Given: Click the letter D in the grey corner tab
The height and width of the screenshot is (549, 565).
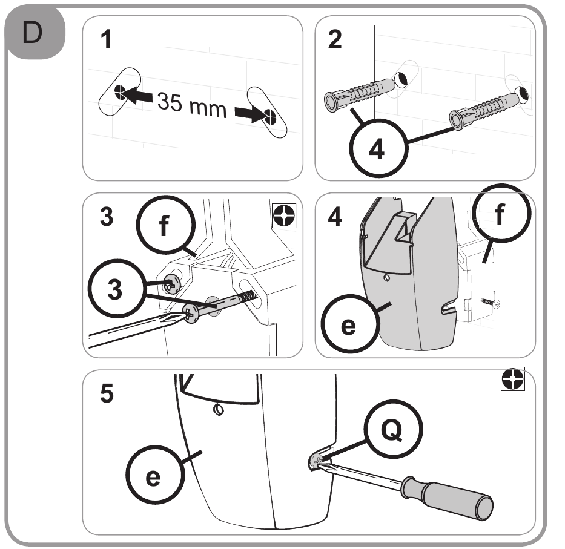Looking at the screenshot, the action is coord(32,33).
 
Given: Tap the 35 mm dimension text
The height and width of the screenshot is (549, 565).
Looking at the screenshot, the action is coord(192,105).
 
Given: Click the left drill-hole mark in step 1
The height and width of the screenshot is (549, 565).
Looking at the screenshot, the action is coord(121,92).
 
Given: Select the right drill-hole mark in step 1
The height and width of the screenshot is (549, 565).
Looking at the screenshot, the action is coord(269,116).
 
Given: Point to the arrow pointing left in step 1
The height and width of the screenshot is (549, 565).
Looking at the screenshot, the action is coord(139,96).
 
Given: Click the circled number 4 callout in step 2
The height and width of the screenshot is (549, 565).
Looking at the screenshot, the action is coord(378,148).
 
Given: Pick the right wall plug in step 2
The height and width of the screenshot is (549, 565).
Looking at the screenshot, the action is coord(484,110).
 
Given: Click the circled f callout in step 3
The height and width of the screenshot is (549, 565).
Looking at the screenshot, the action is coord(165,225).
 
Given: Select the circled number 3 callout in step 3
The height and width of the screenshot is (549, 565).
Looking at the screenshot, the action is coord(117,289).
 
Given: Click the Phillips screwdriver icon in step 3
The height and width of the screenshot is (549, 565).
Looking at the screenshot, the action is coord(284,215).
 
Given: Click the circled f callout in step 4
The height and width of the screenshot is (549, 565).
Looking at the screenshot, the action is coord(501,213).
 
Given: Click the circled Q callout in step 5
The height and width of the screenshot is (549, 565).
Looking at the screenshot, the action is coord(393,429).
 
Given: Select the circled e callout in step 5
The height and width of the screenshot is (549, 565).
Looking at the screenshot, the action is coord(155,475).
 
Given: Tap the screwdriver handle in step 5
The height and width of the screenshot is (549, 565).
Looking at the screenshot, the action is coord(448,498).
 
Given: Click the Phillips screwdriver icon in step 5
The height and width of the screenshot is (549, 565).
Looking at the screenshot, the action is coord(513,378).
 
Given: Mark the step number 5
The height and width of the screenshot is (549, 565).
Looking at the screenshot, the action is coord(107,393).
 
